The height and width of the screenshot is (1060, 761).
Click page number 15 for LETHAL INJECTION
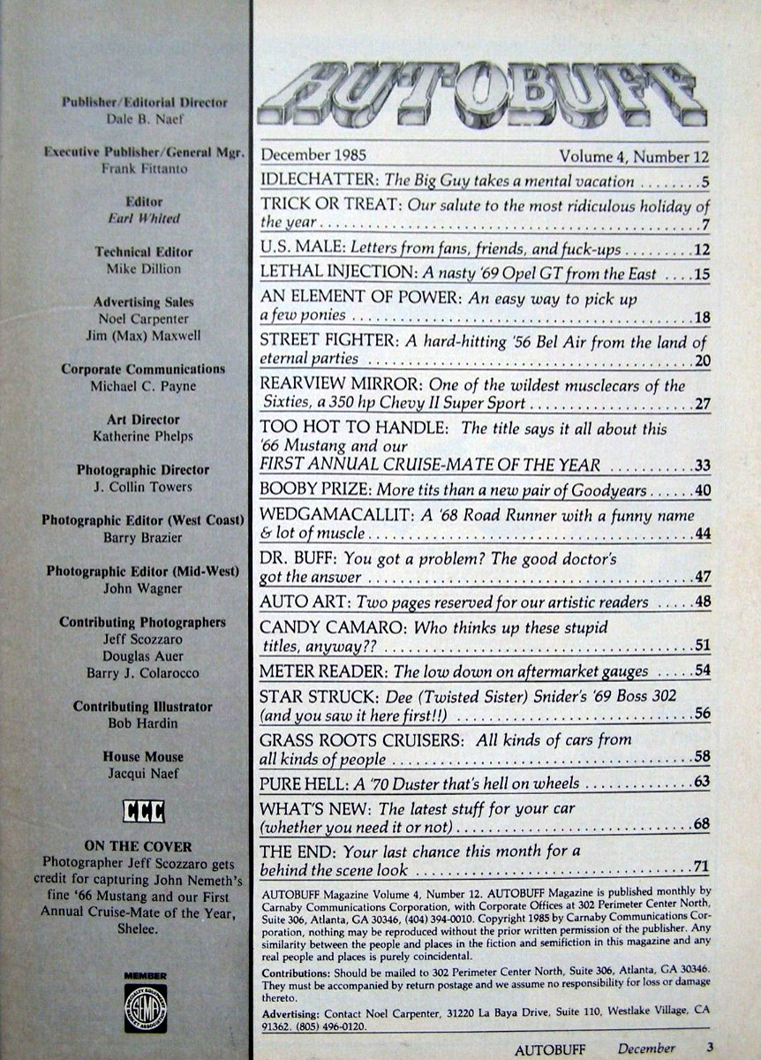[x=701, y=275]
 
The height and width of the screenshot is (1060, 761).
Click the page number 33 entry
[x=701, y=465]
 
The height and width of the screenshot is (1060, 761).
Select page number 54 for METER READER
[x=701, y=671]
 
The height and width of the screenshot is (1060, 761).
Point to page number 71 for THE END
[x=701, y=869]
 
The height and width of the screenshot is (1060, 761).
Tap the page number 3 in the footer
[x=709, y=1048]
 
